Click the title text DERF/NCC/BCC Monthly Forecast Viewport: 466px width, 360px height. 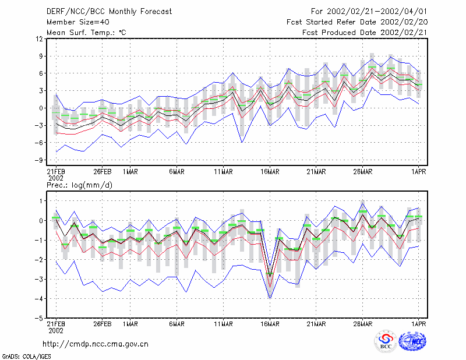109,12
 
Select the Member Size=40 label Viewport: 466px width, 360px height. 78,22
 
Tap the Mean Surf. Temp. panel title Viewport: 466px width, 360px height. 86,33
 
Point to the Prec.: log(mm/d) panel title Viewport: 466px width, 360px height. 79,185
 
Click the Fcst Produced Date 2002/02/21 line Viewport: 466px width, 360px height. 365,33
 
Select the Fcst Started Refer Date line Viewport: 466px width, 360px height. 357,22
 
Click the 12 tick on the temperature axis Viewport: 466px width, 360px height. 40,38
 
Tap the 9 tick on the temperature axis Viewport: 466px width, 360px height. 41,56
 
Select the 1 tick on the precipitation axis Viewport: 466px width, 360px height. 41,201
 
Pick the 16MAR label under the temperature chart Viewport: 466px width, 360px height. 270,172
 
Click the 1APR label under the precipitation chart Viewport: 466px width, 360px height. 418,324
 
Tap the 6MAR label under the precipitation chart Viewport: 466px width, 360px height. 177,324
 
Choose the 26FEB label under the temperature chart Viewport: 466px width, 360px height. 103,172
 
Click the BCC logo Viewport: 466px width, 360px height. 386,341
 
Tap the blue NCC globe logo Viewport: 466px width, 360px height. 412,341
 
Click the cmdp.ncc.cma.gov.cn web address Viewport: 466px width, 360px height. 96,344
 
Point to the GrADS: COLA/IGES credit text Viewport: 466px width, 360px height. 26,357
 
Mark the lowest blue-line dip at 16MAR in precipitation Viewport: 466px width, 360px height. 270,298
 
